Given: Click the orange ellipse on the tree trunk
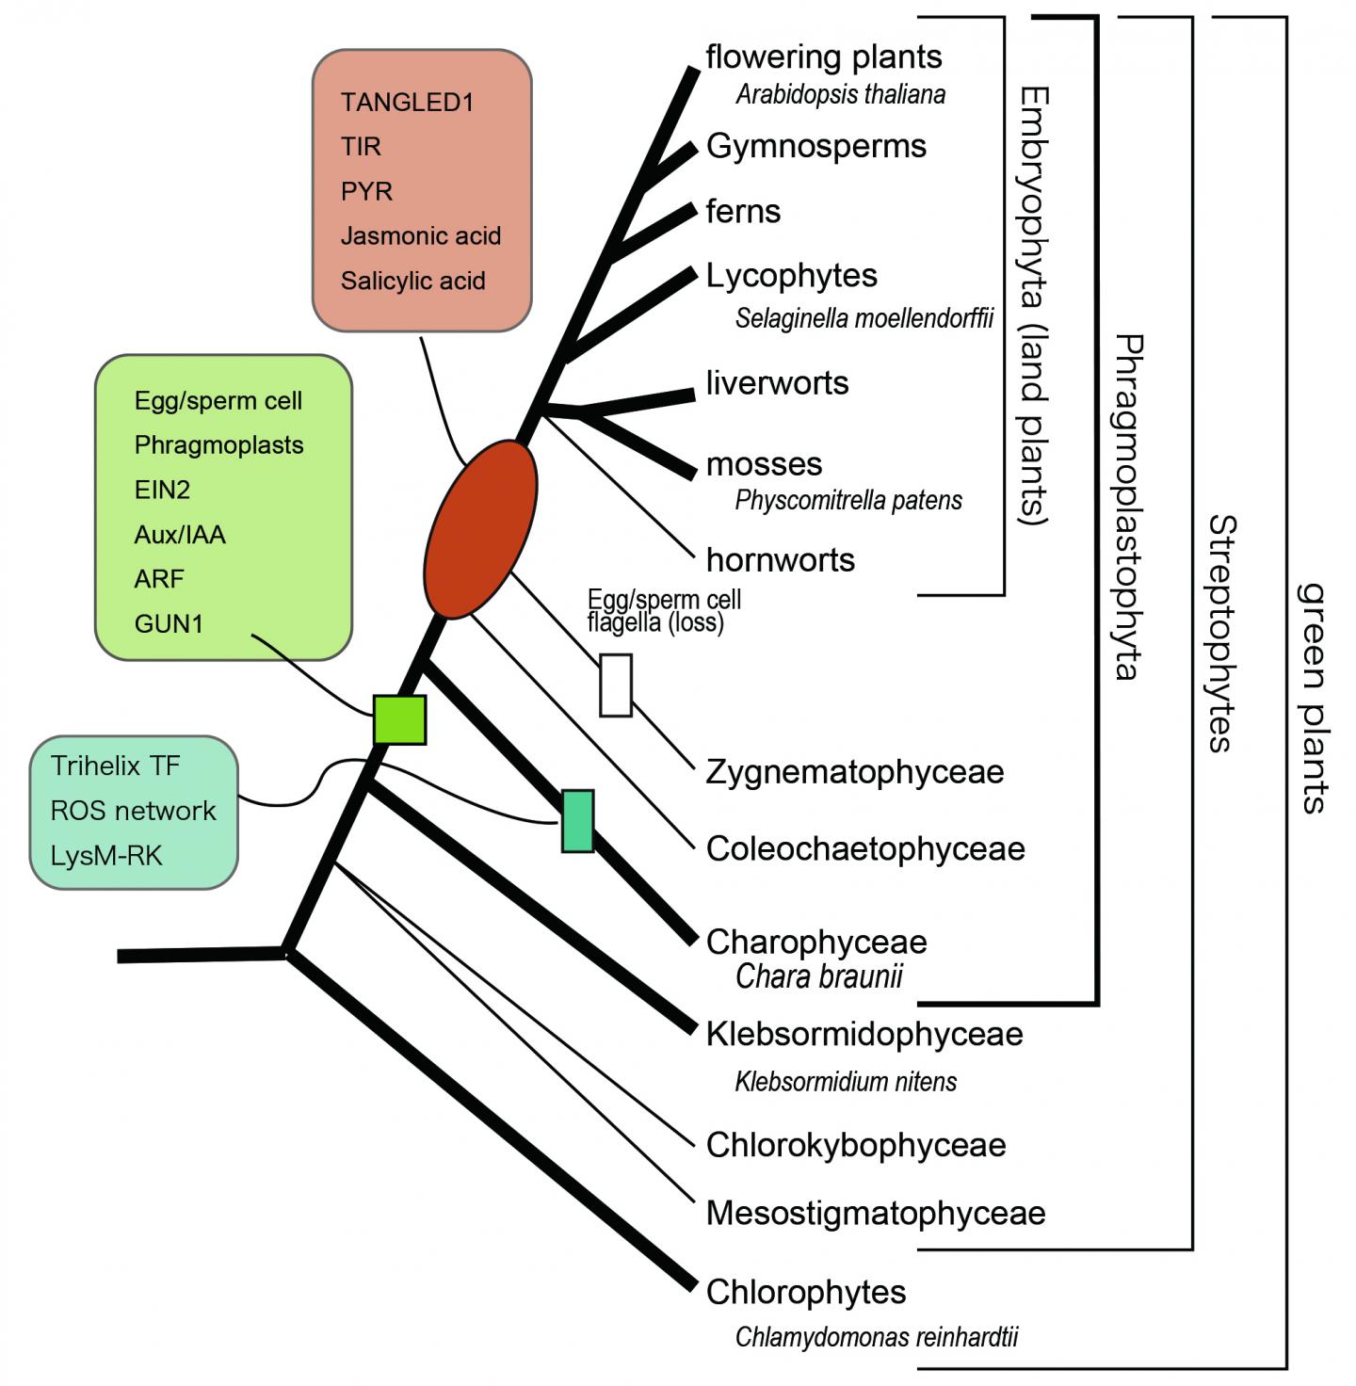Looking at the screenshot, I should [480, 529].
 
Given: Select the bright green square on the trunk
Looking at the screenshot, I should [400, 720].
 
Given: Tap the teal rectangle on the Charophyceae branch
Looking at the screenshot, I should [578, 821].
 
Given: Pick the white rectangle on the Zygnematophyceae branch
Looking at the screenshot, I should [616, 685].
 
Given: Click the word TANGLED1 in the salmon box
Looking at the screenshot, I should [407, 103].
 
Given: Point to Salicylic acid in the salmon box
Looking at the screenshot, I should [412, 281].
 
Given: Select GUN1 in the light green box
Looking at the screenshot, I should [169, 623].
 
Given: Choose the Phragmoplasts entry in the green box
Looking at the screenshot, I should [218, 445].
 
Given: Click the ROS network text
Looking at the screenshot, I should [133, 811].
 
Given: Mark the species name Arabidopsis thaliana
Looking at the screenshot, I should [840, 94].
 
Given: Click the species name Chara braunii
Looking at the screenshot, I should [818, 976].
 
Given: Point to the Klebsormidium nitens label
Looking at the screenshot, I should [846, 1081].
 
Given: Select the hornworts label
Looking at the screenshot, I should [781, 560].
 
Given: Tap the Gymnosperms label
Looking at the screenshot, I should [816, 146].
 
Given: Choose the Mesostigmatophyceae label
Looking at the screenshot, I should [876, 1214].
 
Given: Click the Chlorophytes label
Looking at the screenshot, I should [806, 1292].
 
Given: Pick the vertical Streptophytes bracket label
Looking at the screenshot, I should [1221, 633].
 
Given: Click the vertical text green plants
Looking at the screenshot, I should [1312, 697].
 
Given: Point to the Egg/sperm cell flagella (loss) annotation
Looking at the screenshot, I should [663, 611].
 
